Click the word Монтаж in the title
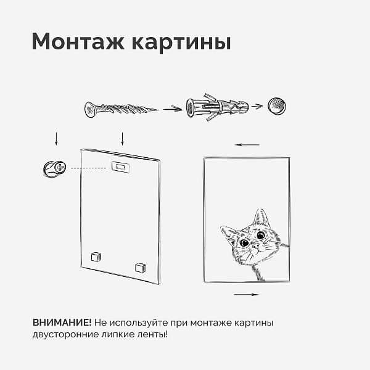pos(78,41)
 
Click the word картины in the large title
pos(181,43)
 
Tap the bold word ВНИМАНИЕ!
pos(62,323)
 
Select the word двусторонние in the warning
pos(65,334)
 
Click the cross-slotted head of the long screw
pos(90,110)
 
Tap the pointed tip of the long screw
pos(157,110)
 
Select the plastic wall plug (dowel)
pos(217,107)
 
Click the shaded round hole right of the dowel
pos(277,105)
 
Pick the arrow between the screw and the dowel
pos(173,109)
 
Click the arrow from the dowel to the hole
pos(257,106)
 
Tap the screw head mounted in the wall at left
pos(60,167)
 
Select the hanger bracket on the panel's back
pos(121,167)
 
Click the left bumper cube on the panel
pos(96,257)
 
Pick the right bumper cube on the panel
pos(141,268)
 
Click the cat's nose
pos(255,247)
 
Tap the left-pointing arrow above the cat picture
pos(247,145)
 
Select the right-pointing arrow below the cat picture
pos(246,295)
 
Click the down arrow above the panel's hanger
pos(122,139)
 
